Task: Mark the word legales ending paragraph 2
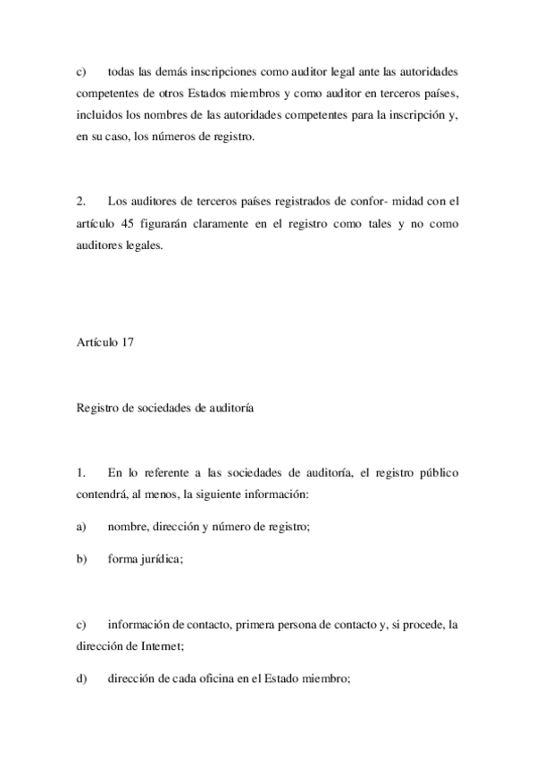pyautogui.click(x=145, y=246)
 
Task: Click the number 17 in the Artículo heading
pyautogui.click(x=127, y=342)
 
